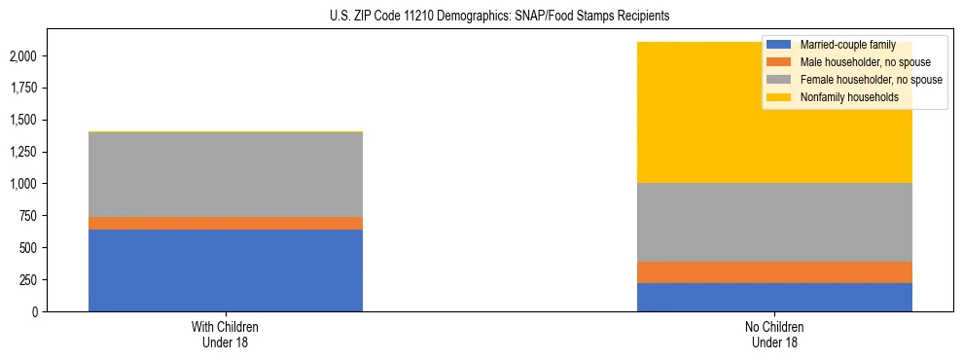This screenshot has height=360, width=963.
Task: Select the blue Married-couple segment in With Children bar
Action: click(x=226, y=270)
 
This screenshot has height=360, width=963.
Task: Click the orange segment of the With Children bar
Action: click(x=226, y=223)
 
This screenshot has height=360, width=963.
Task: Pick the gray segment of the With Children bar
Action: click(x=226, y=174)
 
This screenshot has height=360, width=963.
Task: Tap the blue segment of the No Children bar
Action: click(x=774, y=297)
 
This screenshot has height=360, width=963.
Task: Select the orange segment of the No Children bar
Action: click(x=774, y=272)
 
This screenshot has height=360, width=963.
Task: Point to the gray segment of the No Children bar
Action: click(x=774, y=222)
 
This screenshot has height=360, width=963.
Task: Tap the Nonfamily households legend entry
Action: click(x=847, y=97)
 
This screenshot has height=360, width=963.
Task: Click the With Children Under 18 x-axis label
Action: click(x=226, y=335)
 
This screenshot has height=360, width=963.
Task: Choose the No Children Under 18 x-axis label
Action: click(x=774, y=335)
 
